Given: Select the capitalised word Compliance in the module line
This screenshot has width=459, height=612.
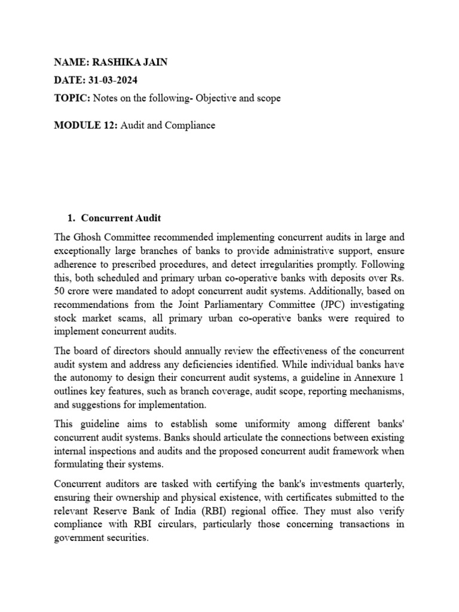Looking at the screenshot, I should (x=191, y=126).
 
